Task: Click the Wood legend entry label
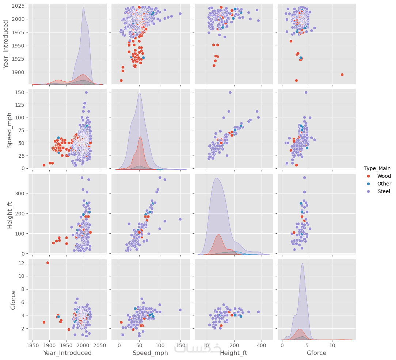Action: point(384,176)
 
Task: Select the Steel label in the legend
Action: point(384,191)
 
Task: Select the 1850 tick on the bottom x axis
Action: point(33,345)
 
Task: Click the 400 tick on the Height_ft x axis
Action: point(261,345)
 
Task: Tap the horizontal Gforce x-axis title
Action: point(316,353)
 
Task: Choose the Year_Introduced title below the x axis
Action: point(67,353)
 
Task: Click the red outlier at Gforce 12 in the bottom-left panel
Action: point(47,263)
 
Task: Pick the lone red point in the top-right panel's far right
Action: point(342,74)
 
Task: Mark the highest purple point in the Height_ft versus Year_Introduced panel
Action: point(82,178)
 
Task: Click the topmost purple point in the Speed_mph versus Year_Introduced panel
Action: point(86,92)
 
